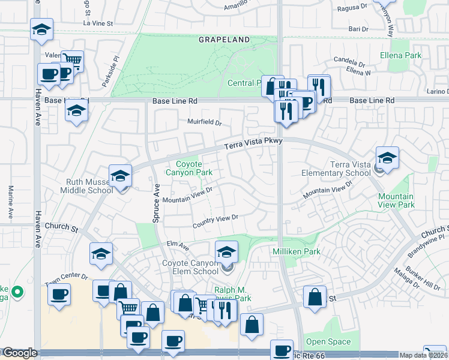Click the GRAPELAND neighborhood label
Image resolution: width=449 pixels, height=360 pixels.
(x=224, y=40)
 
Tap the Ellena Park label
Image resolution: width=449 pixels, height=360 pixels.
(x=400, y=56)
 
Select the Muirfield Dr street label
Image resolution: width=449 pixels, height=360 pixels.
(x=205, y=123)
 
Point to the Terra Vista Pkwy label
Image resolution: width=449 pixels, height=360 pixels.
(x=253, y=143)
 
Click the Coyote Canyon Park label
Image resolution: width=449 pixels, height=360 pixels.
(x=194, y=168)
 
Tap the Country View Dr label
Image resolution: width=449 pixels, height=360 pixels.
(x=216, y=221)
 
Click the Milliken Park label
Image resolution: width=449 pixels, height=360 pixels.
(x=297, y=251)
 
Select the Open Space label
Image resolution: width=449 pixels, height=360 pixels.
(x=328, y=342)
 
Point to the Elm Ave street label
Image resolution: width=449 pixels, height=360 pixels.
(x=178, y=245)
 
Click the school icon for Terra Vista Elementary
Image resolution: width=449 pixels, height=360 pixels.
(x=387, y=159)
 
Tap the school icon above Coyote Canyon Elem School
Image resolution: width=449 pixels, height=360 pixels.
(x=226, y=252)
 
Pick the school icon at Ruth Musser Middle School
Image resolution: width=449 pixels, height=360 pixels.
(x=120, y=176)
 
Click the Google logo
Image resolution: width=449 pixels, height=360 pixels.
(x=20, y=353)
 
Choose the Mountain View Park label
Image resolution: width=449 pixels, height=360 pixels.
(x=396, y=200)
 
